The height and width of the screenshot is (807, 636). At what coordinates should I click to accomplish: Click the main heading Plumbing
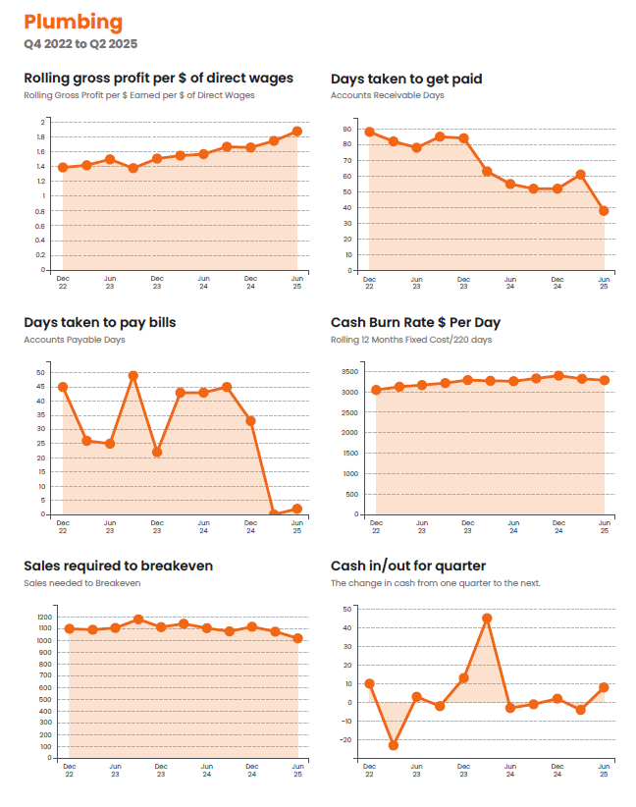coord(74,22)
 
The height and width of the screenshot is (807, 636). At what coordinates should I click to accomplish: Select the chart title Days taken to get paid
coord(406,79)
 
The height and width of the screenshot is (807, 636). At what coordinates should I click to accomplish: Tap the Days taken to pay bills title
coord(99,322)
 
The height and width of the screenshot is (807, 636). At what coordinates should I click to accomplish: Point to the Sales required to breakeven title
coord(118,565)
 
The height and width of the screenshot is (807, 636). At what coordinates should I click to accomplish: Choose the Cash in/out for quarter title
coord(408,565)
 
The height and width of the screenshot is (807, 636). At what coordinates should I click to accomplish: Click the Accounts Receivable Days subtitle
coord(388,95)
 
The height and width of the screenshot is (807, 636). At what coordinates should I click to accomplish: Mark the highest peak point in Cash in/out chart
coord(487,619)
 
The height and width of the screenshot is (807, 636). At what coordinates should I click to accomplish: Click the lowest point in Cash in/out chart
coord(393,745)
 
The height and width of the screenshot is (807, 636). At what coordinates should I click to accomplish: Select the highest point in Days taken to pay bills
coord(133,376)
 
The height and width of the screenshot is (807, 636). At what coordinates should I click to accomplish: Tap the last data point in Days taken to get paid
coord(604,210)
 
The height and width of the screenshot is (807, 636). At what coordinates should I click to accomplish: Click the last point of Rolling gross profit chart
coord(296,131)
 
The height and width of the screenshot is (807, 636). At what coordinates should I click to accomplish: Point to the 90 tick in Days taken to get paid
coord(347,129)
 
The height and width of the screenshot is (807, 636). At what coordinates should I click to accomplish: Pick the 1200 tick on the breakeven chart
coord(44,618)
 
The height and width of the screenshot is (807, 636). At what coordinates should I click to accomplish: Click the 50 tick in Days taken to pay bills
coord(40,372)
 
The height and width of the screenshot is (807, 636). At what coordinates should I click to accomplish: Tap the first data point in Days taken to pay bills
coord(63,387)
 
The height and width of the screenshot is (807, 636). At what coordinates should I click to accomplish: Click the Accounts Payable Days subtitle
coord(75,340)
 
